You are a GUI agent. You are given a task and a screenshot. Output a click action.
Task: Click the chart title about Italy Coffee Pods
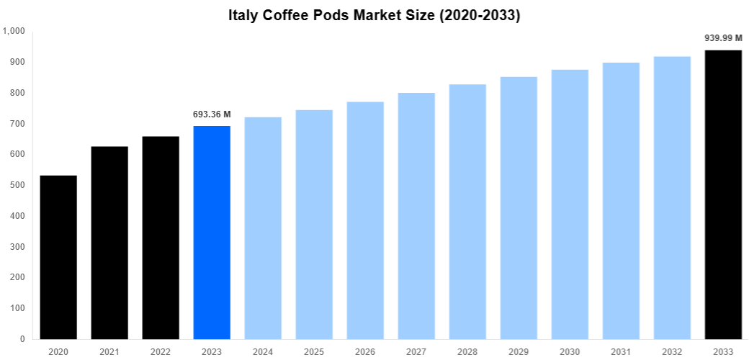click(x=374, y=15)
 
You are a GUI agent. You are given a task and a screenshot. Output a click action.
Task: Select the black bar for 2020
click(x=58, y=257)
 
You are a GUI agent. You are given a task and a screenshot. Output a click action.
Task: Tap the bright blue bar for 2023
click(x=212, y=233)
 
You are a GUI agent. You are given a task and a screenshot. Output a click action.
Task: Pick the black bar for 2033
click(x=723, y=194)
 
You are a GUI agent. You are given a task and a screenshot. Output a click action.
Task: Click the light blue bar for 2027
click(x=416, y=216)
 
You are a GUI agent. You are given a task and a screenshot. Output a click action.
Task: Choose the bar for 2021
click(x=109, y=243)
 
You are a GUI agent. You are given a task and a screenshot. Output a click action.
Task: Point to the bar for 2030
click(x=570, y=204)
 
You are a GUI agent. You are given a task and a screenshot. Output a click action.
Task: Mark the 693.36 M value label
click(x=212, y=114)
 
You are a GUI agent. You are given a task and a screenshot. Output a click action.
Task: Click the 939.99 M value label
click(x=723, y=38)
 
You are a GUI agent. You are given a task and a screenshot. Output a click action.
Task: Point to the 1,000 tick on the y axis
click(x=14, y=31)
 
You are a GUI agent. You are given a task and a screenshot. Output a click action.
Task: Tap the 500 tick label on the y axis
click(x=17, y=185)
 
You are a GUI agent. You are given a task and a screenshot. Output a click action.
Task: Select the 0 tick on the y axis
click(x=22, y=339)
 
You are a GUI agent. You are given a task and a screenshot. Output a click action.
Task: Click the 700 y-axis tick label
click(x=17, y=124)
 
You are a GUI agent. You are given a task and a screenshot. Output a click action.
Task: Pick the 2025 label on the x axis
click(x=314, y=351)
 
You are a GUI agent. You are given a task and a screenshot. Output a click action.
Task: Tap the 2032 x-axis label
click(x=672, y=351)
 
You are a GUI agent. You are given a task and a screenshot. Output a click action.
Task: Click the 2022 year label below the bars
click(x=161, y=351)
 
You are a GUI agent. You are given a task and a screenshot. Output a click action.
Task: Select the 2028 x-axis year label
click(x=467, y=351)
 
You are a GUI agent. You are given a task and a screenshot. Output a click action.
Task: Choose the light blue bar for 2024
click(x=263, y=228)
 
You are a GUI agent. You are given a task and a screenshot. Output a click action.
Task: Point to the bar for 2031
click(x=621, y=201)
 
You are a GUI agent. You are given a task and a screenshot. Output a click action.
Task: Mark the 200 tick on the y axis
click(x=17, y=277)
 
